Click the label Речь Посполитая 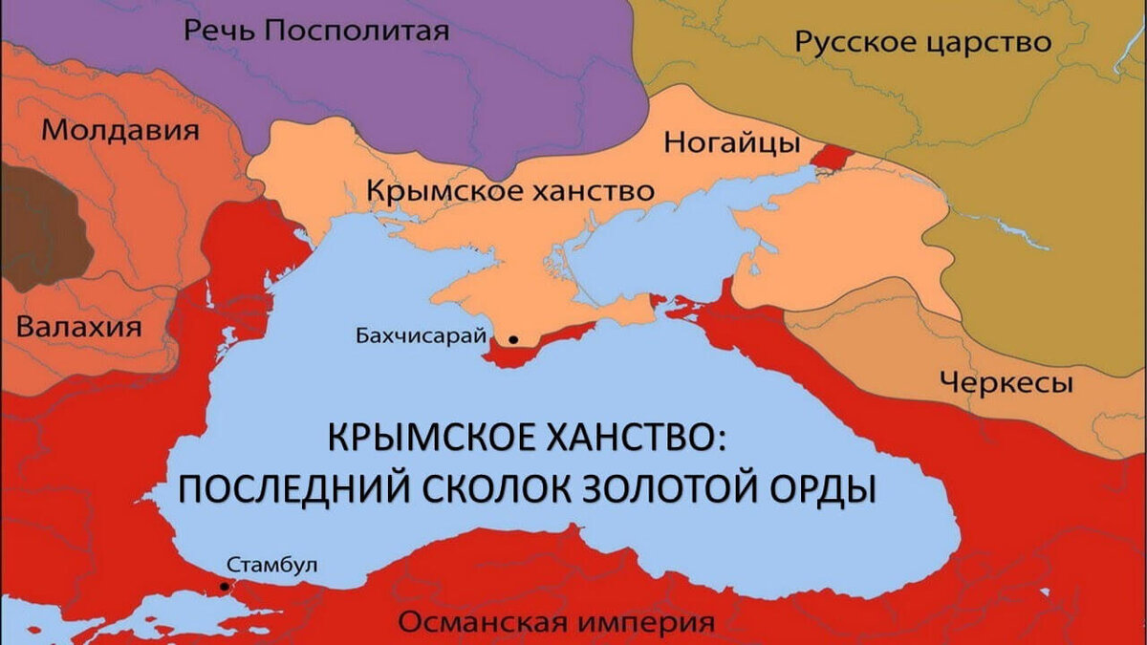pyautogui.click(x=316, y=32)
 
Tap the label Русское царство pyautogui.click(x=923, y=43)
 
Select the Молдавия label pyautogui.click(x=122, y=130)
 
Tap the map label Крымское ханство pyautogui.click(x=510, y=191)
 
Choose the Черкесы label pyautogui.click(x=1006, y=383)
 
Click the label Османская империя pyautogui.click(x=556, y=623)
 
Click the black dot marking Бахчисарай pyautogui.click(x=513, y=339)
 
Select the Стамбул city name pyautogui.click(x=272, y=564)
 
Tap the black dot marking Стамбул pyautogui.click(x=225, y=586)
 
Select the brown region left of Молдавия pyautogui.click(x=38, y=225)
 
